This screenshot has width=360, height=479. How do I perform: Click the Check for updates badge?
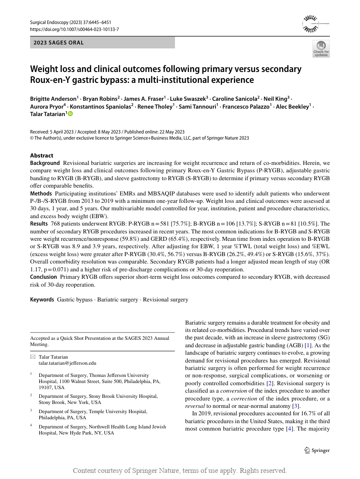pos(321,48)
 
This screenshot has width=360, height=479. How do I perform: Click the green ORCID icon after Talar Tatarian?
pos(70,113)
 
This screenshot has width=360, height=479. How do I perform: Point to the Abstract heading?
pos(41,155)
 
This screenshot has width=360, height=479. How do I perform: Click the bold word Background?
pos(45,163)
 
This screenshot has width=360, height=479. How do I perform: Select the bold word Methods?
pos(41,193)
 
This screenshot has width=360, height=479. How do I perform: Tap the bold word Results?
pos(39,223)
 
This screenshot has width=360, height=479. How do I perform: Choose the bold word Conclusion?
pos(43,277)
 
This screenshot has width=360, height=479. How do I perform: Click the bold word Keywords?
pos(42,300)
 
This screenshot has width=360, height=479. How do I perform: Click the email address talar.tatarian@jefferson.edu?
pos(67,363)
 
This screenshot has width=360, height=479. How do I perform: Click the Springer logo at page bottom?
pos(317,450)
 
